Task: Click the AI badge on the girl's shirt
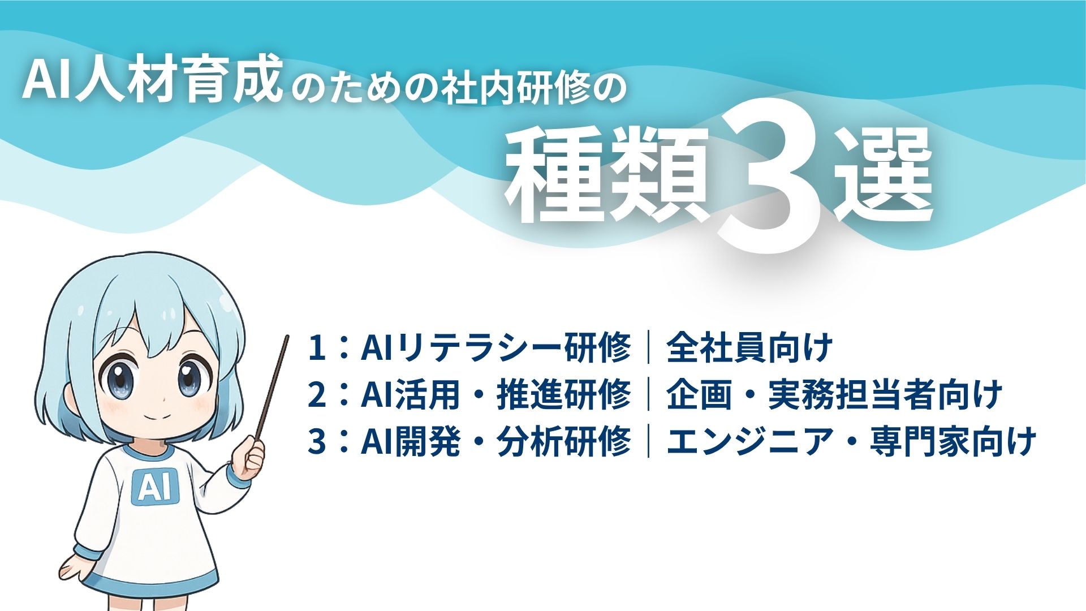[x=154, y=487]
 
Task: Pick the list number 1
[x=317, y=347]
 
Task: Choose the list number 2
[x=317, y=394]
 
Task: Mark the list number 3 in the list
[x=317, y=441]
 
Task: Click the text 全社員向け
[x=749, y=347]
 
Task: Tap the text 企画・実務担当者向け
[x=834, y=394]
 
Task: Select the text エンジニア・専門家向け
[x=851, y=441]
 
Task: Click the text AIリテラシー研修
[x=495, y=347]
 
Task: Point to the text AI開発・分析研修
[x=495, y=441]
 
